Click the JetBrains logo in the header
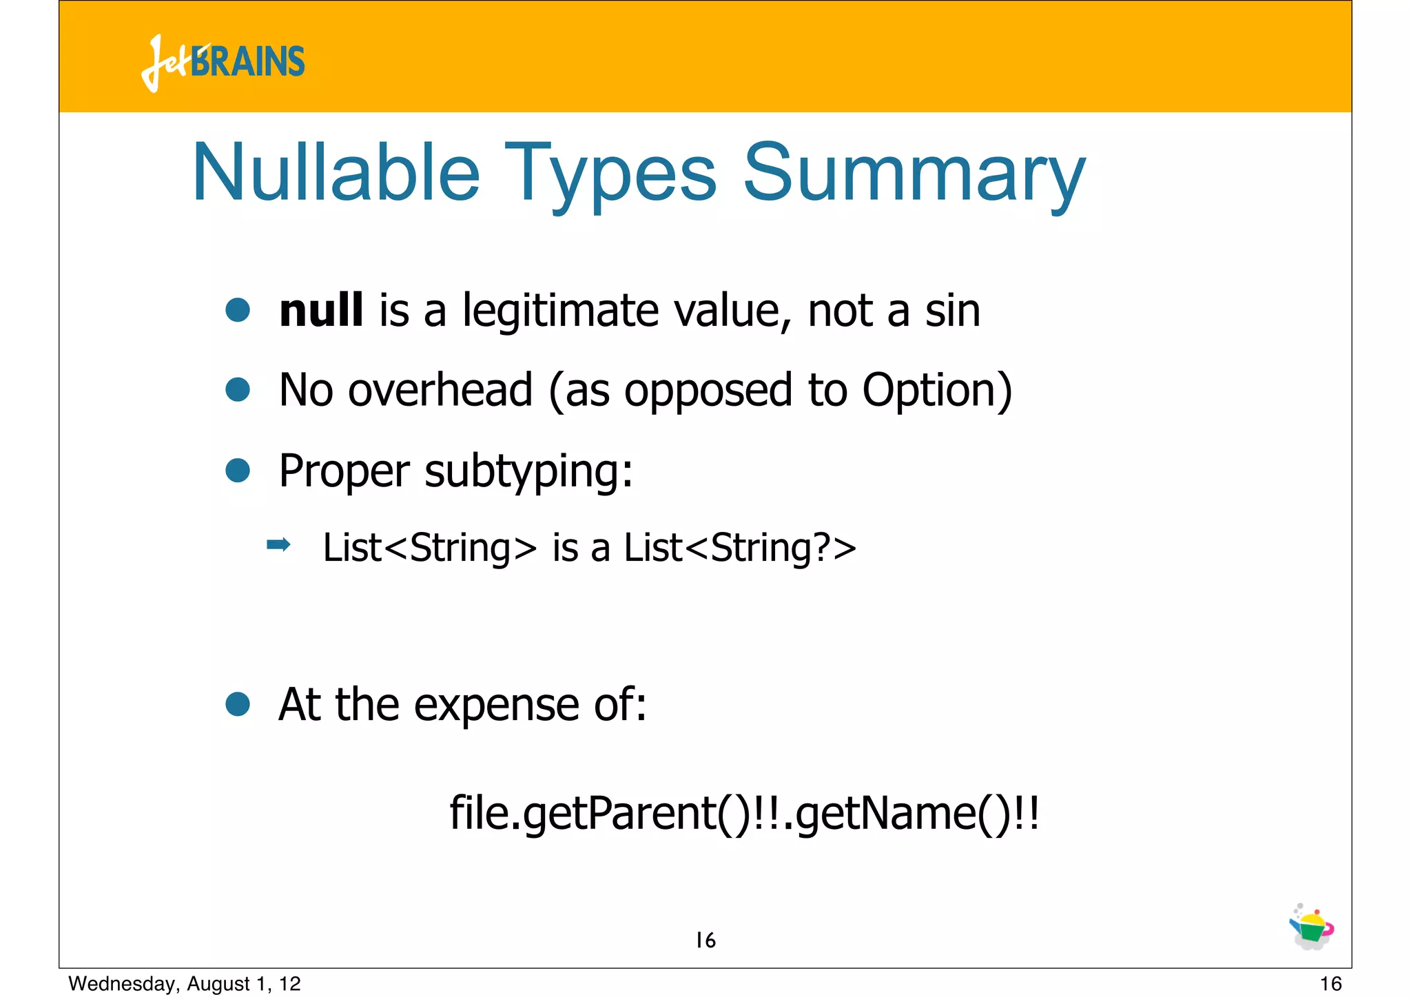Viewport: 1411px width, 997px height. coord(223,62)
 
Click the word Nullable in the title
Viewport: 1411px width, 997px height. coord(336,173)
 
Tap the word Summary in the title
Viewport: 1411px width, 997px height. coord(914,173)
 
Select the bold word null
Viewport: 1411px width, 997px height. coord(321,311)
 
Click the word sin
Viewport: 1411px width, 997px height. coord(952,311)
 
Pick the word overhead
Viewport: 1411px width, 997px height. coord(440,390)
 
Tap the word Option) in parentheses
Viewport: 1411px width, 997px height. coord(937,391)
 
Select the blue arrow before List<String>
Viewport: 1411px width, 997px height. coord(278,546)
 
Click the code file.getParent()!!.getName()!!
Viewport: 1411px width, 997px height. coord(744,814)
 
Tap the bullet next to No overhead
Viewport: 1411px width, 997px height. coord(238,390)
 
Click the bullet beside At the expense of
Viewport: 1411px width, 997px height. coord(238,704)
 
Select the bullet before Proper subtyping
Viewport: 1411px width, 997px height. coord(238,471)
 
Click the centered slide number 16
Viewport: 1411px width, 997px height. coord(705,941)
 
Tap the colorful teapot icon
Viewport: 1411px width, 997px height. coord(1312,927)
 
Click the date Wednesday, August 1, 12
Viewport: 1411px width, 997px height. coord(185,984)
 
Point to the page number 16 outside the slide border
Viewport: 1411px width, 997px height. coord(1330,984)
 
